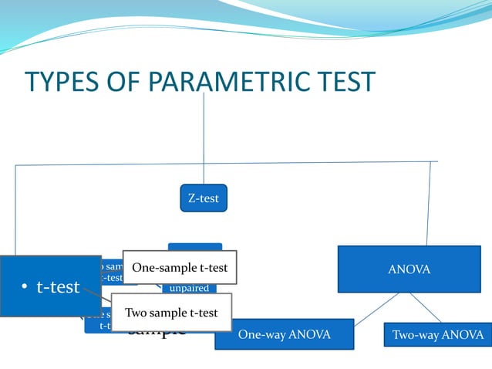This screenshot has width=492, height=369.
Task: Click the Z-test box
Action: tap(203, 198)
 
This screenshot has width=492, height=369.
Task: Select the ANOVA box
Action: tap(409, 269)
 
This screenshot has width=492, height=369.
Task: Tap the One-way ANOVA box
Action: tap(284, 334)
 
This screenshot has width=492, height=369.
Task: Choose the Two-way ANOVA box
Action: tap(437, 334)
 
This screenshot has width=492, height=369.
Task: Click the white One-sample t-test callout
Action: tap(180, 268)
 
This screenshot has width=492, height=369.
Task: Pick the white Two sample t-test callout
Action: tap(171, 313)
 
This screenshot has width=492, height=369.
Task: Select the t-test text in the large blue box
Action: tap(58, 287)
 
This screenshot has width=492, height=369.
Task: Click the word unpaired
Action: tap(189, 288)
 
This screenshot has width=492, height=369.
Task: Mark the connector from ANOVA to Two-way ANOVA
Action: tap(425, 307)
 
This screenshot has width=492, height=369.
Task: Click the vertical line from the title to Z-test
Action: tap(204, 139)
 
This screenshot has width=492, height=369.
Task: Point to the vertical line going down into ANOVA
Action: tap(428, 205)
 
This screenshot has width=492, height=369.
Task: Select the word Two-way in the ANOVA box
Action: tap(415, 334)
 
